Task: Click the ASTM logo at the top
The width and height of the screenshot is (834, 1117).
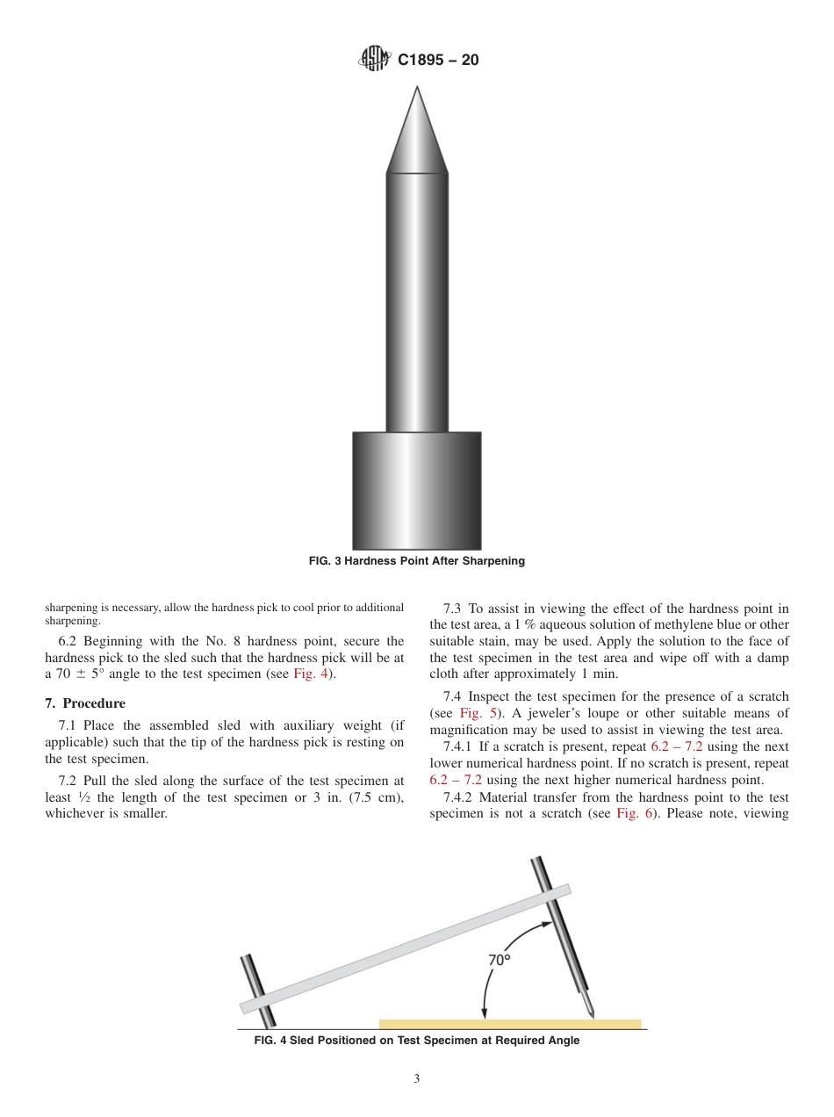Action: click(374, 61)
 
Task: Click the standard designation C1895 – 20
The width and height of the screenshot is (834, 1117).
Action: click(438, 61)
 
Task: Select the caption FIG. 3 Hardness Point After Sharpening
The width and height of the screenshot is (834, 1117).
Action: click(416, 561)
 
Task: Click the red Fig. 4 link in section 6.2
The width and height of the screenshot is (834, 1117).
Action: click(309, 674)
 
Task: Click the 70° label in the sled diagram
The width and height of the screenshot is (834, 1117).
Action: click(500, 960)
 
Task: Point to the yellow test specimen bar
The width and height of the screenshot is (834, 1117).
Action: click(509, 1024)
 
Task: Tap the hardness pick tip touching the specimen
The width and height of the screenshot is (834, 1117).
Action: click(593, 1016)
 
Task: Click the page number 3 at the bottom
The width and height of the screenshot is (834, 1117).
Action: click(416, 1079)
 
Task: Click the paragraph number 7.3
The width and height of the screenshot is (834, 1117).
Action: click(453, 609)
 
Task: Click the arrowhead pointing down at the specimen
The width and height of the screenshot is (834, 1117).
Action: click(484, 1014)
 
